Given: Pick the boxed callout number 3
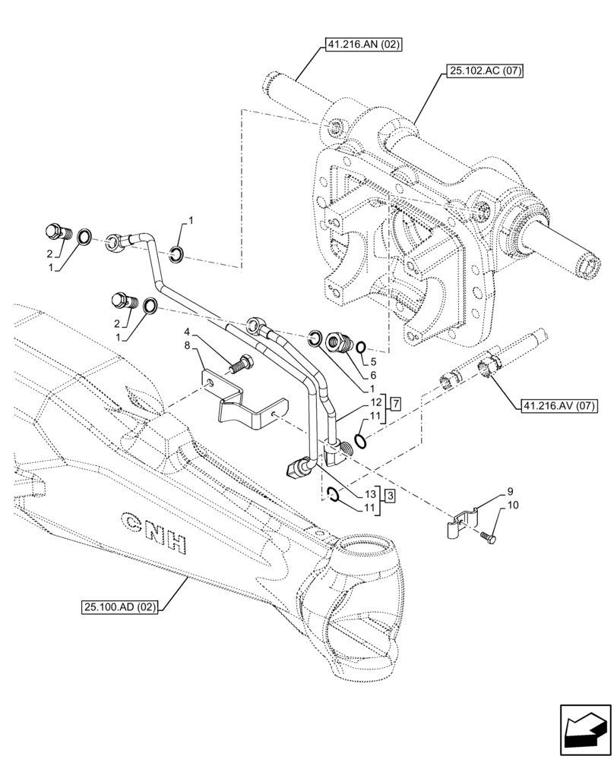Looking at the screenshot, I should (389, 496).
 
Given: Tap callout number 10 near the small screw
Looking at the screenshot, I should (513, 505).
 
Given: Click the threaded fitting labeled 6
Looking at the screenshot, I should (338, 343).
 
